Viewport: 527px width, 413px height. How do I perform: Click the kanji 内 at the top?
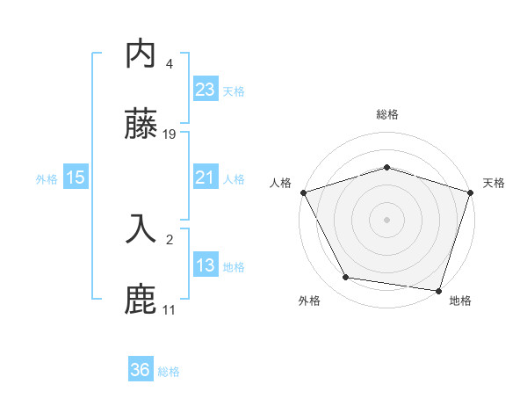141,54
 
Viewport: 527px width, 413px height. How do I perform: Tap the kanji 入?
141,228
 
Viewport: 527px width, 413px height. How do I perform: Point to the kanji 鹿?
141,298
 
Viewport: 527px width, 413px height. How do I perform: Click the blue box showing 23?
205,89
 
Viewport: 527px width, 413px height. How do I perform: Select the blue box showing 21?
205,178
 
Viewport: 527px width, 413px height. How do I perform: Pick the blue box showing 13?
205,265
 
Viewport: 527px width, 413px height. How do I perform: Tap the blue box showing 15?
76,178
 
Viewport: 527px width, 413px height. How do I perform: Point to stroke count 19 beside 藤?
170,134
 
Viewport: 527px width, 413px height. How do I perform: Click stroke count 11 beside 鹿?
169,309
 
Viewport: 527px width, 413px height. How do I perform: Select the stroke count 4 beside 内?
169,64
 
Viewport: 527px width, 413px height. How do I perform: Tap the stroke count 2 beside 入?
169,238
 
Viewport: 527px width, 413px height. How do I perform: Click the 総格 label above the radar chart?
386,114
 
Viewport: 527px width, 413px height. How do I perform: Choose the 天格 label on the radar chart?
494,183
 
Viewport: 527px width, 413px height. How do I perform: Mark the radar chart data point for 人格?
303,192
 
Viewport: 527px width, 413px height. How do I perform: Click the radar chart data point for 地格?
438,289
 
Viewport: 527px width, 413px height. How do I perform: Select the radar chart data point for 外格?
346,278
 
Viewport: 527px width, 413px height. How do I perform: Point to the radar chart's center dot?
386,219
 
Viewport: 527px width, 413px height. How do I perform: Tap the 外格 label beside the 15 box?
47,178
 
